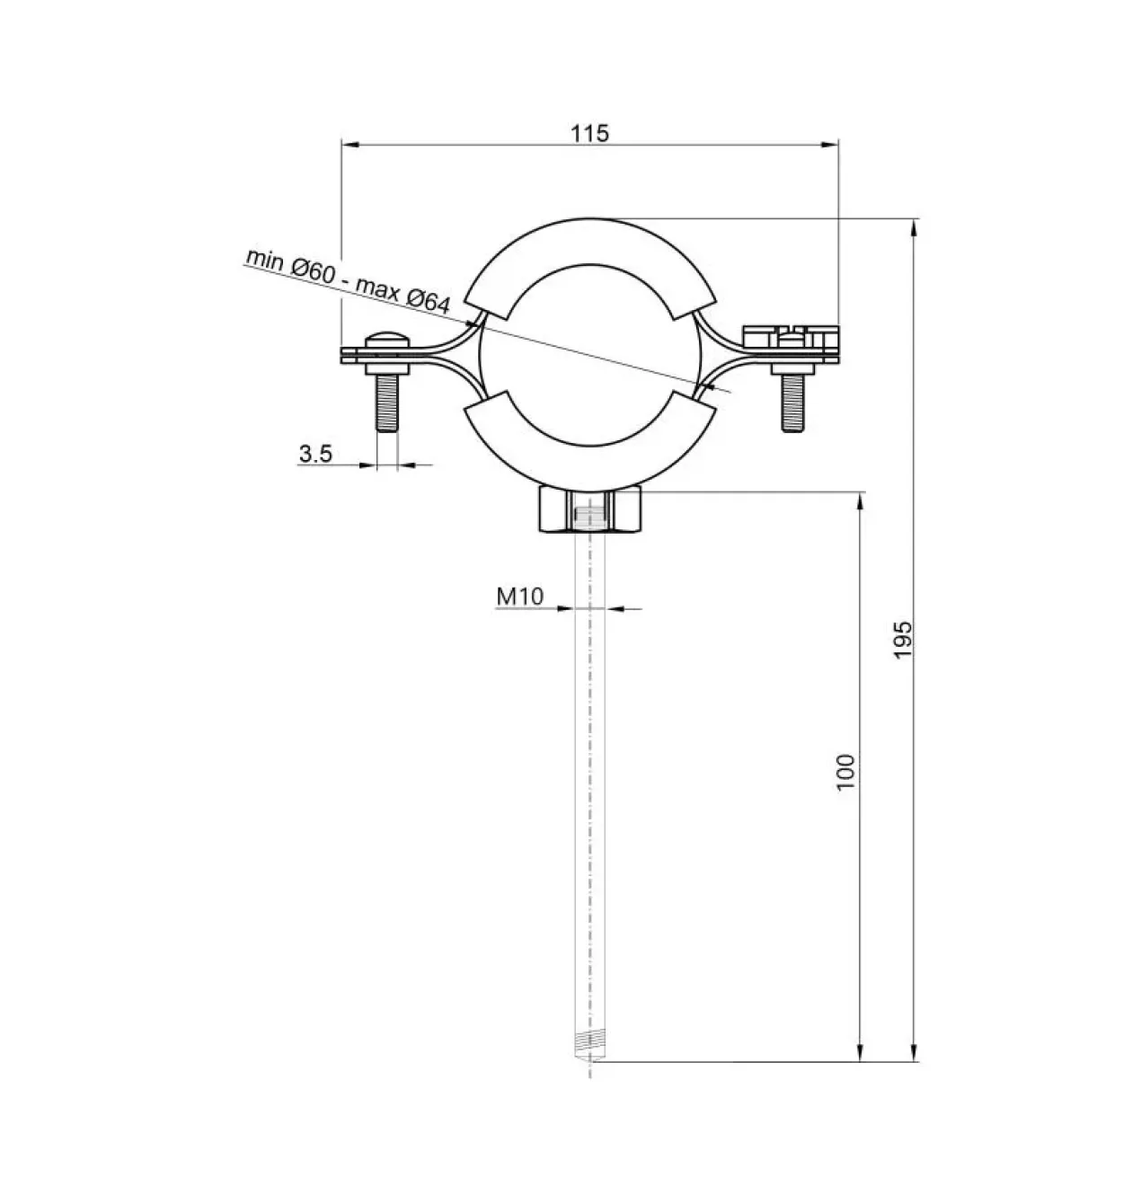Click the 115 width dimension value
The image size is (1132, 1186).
[590, 133]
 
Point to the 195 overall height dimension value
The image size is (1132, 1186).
[903, 640]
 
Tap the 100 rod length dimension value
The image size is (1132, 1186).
[846, 772]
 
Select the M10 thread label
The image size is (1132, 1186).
[520, 597]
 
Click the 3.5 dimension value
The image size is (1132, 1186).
[315, 453]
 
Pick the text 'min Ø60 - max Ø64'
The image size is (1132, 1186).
[349, 281]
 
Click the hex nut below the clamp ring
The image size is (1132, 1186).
[590, 511]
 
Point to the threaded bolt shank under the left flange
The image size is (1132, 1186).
[387, 403]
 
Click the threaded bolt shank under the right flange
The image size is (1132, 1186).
[792, 403]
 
